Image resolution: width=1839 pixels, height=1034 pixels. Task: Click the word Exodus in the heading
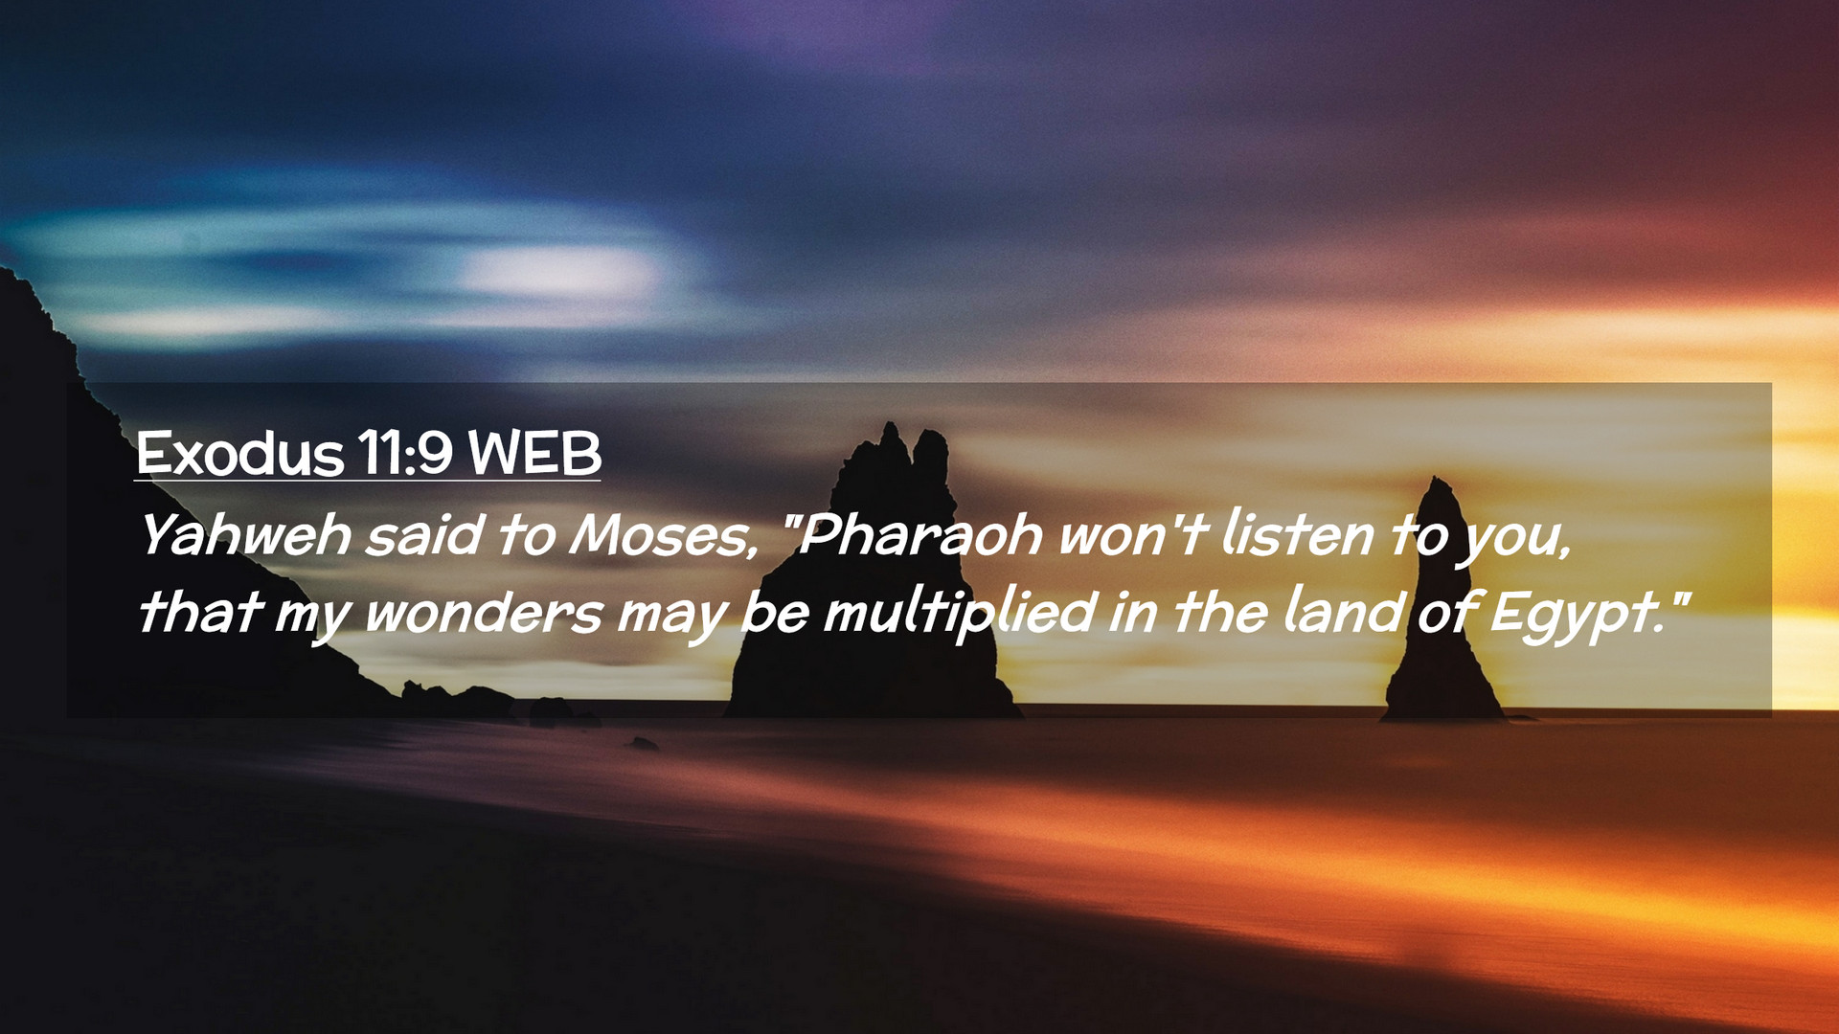(239, 453)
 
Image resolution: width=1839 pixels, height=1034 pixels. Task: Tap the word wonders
(484, 612)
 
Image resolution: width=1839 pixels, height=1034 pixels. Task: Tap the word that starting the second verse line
(200, 612)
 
